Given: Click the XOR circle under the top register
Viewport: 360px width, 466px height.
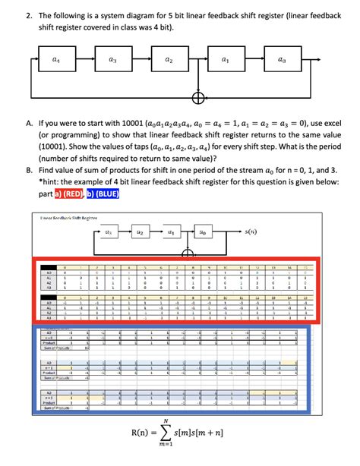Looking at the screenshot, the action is pos(197,99).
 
